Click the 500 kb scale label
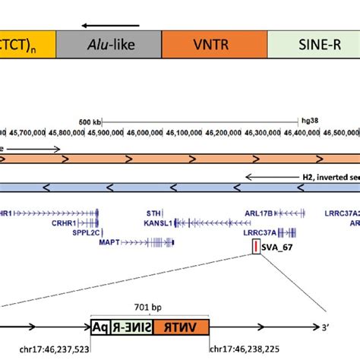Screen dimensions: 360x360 coord(90,121)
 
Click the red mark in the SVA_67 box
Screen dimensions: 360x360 coord(255,247)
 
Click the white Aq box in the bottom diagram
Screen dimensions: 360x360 coord(99,327)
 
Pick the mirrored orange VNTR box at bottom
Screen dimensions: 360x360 coord(180,327)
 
